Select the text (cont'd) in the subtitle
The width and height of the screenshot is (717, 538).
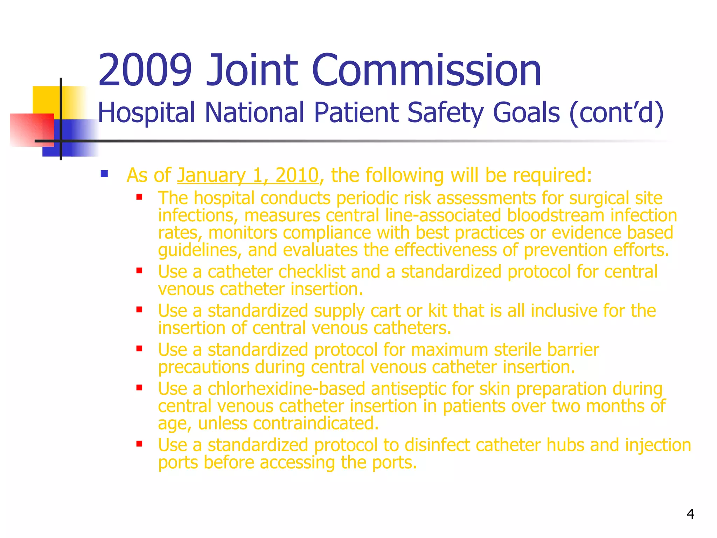pyautogui.click(x=616, y=113)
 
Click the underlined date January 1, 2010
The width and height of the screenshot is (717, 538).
pyautogui.click(x=248, y=175)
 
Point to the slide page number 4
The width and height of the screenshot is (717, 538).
pyautogui.click(x=690, y=514)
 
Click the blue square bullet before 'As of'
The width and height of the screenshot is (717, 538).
pyautogui.click(x=104, y=174)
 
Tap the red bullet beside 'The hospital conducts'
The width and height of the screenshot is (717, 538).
pyautogui.click(x=139, y=197)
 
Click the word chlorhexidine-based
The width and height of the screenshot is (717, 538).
pyautogui.click(x=286, y=389)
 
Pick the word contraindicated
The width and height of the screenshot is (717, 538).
pyautogui.click(x=315, y=423)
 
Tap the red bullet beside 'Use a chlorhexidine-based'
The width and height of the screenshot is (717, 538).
pyautogui.click(x=139, y=388)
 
